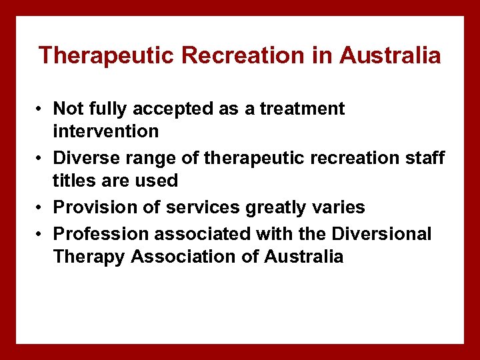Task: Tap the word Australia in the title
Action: (x=390, y=55)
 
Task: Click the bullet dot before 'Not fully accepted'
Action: (x=41, y=109)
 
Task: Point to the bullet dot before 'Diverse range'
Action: (x=41, y=158)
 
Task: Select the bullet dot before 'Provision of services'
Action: (x=41, y=207)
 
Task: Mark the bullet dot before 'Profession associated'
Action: (x=41, y=234)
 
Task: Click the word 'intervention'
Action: (x=105, y=131)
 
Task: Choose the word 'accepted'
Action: (x=183, y=109)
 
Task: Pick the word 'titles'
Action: (x=73, y=181)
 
